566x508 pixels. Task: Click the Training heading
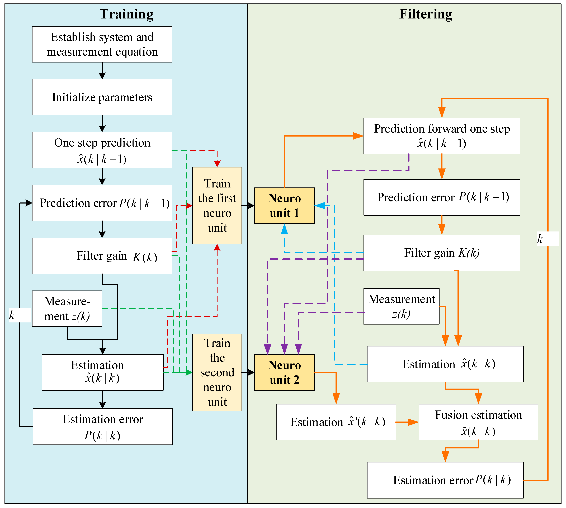[x=126, y=14]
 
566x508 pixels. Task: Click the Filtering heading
[x=426, y=14]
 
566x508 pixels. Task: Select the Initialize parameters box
[x=102, y=97]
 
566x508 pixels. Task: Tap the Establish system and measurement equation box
[x=102, y=44]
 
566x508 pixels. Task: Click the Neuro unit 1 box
[x=284, y=206]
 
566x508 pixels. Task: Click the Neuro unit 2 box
[x=284, y=372]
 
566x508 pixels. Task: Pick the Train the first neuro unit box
[x=217, y=206]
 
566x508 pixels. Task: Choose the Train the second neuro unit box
[x=217, y=372]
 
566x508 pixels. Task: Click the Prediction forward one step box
[x=442, y=136]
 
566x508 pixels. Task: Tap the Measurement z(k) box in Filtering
[x=402, y=306]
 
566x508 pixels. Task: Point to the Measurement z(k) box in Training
[x=67, y=309]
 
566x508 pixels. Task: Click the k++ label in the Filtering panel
[x=548, y=239]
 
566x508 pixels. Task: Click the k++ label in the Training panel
[x=20, y=315]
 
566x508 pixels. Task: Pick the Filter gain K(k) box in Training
[x=102, y=256]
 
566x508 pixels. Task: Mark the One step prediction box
[x=102, y=150]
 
